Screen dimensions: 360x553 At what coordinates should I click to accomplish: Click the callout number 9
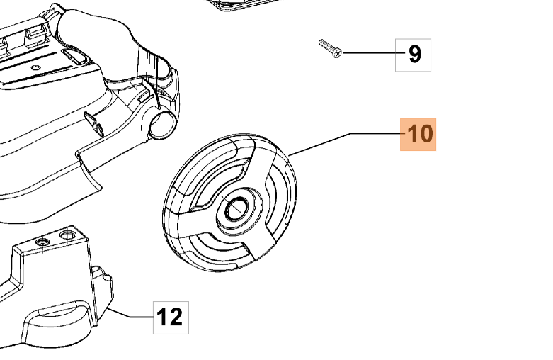[414, 54]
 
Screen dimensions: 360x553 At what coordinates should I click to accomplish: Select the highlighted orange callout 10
[418, 133]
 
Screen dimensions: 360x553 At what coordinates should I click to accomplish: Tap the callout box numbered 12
[171, 316]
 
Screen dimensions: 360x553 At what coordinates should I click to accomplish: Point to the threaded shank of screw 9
[326, 47]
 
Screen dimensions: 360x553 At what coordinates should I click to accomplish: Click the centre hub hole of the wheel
[233, 208]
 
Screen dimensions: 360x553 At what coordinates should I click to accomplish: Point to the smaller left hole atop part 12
[43, 242]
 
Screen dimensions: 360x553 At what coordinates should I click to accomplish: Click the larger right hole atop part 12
[68, 232]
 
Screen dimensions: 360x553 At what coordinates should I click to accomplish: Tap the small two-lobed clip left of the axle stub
[93, 120]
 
